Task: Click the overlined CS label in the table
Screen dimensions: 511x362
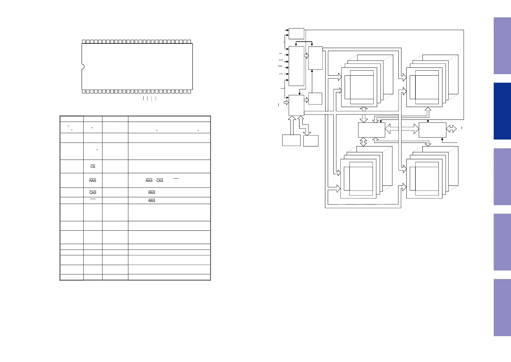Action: click(93, 167)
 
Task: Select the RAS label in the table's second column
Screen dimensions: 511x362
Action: click(93, 181)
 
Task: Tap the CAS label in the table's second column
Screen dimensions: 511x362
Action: click(93, 193)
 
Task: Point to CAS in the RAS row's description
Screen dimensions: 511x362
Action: click(160, 181)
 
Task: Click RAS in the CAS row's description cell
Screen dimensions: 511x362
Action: click(152, 193)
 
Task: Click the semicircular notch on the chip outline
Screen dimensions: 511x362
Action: click(83, 67)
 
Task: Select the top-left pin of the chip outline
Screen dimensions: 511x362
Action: click(84, 41)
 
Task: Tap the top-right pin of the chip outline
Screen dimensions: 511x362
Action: click(189, 41)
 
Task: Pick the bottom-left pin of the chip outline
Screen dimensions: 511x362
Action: click(84, 91)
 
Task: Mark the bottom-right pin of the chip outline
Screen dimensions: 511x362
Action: click(189, 91)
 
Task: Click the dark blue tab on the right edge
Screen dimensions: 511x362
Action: click(502, 111)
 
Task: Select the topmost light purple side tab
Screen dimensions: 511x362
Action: click(502, 46)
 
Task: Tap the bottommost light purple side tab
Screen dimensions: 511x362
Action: click(502, 307)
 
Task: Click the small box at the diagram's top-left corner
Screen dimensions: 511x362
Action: click(296, 33)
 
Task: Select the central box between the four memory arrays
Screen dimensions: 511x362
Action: click(371, 130)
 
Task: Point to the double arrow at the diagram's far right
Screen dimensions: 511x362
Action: click(451, 129)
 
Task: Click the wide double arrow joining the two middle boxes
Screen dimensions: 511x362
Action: click(402, 129)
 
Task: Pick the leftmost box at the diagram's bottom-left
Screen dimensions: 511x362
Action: click(291, 140)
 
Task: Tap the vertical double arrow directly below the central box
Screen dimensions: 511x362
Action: click(363, 142)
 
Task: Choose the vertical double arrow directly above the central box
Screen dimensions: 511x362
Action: click(364, 115)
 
